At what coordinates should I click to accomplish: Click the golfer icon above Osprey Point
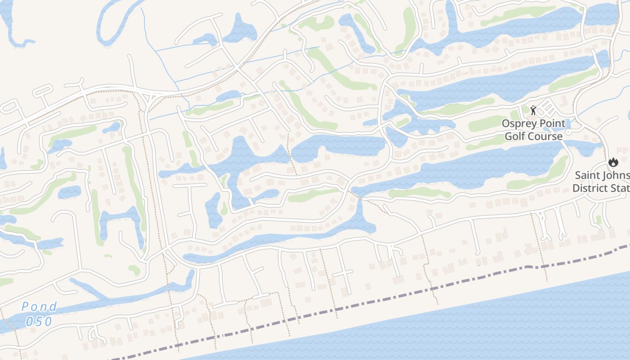coord(533,110)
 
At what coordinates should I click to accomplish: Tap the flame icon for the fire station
coord(612,162)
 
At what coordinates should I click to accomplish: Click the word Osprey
coord(519,123)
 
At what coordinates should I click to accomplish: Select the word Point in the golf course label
coord(550,123)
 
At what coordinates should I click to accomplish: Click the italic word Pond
coord(40,307)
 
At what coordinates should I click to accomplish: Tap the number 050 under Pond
coord(40,321)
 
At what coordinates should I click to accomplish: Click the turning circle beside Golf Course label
coord(568,132)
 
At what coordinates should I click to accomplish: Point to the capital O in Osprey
coord(505,123)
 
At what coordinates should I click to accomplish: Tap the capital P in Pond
coord(26,307)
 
